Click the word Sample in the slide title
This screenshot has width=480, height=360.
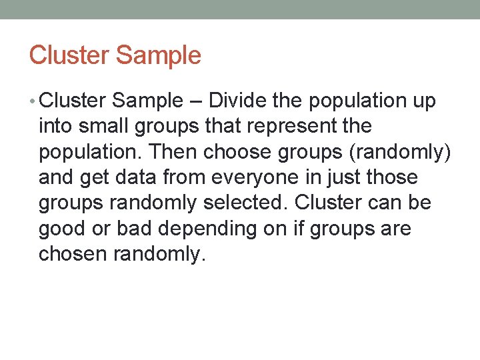[159, 55]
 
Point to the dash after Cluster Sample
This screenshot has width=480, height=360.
[195, 101]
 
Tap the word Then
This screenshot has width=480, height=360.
[174, 152]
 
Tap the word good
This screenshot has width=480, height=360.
[59, 229]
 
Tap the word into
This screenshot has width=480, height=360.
[55, 126]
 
